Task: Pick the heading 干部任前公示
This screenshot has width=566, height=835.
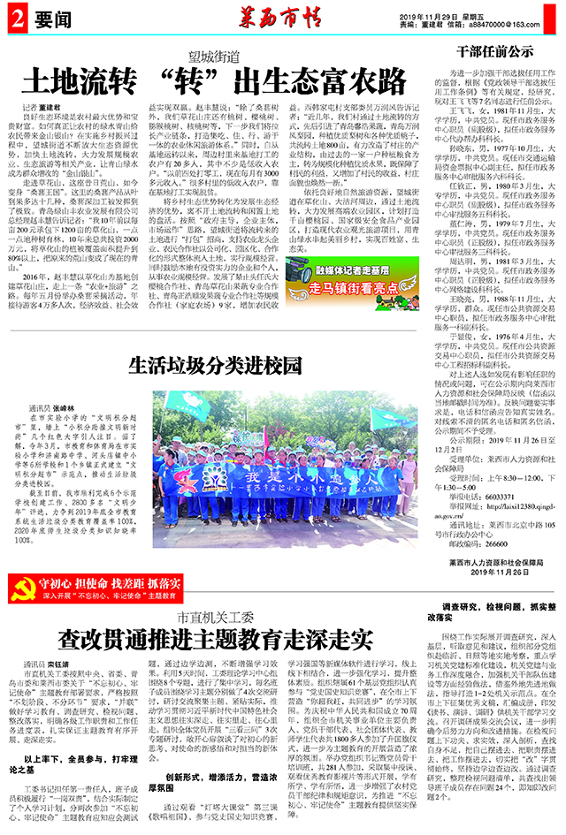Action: (x=493, y=51)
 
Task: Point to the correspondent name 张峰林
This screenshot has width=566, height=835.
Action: (x=65, y=385)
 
